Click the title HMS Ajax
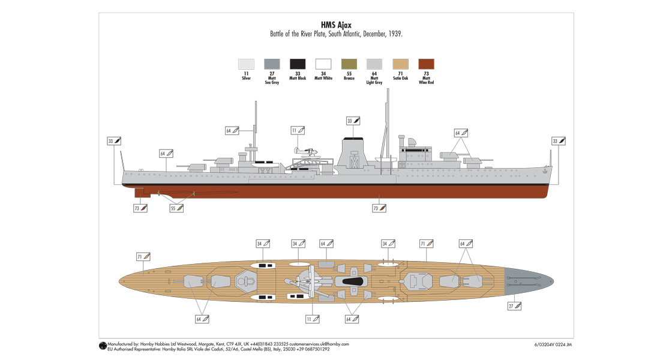(336, 25)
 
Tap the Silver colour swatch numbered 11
(246, 64)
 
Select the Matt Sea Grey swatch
(272, 64)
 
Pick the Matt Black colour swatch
(298, 64)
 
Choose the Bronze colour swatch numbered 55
(349, 64)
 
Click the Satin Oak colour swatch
(400, 64)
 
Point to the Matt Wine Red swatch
(426, 64)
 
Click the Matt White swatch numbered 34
(323, 64)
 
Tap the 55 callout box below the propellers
(176, 208)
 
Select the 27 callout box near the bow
(514, 306)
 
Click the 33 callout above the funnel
(353, 121)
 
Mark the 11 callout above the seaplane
(298, 130)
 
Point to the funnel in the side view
(352, 155)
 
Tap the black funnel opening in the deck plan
(352, 281)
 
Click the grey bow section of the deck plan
(528, 281)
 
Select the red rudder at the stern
(142, 193)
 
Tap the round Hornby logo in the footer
(102, 346)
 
